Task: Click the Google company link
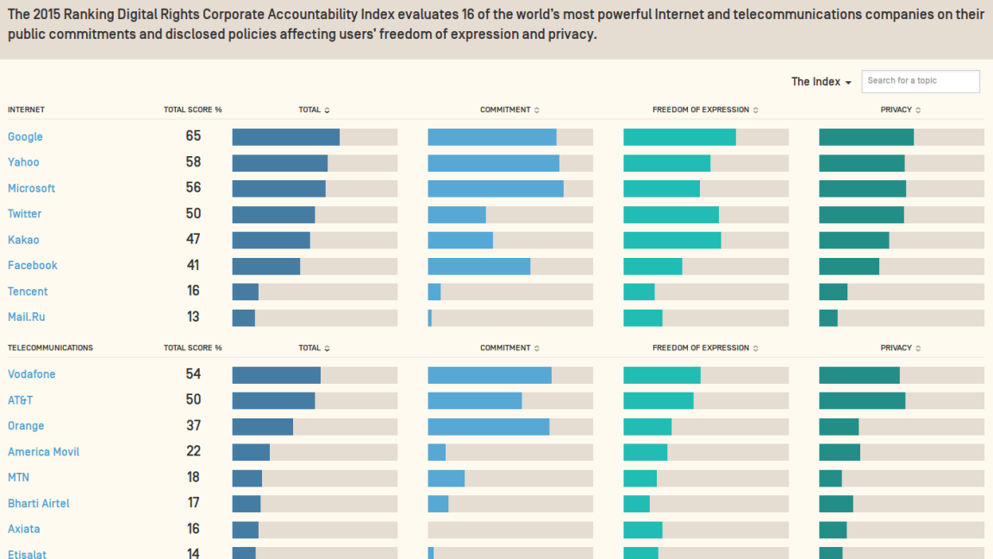click(x=25, y=136)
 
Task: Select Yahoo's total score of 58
click(x=193, y=162)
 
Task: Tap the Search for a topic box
click(x=920, y=81)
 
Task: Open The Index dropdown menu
click(x=821, y=81)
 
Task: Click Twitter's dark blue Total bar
click(x=273, y=214)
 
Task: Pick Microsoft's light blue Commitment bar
click(x=495, y=188)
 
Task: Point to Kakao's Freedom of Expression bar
click(x=671, y=240)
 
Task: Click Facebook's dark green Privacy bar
click(x=848, y=266)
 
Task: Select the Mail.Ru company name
click(x=26, y=317)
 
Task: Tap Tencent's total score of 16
click(x=193, y=292)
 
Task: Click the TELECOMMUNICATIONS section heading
click(x=50, y=348)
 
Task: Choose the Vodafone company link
click(x=31, y=374)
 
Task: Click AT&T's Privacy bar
click(x=861, y=400)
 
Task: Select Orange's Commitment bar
click(x=488, y=426)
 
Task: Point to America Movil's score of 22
click(x=193, y=452)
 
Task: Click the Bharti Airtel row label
click(x=39, y=503)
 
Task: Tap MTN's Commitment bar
click(x=446, y=478)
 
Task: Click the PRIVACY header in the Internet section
click(x=896, y=110)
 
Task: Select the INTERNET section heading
click(x=26, y=110)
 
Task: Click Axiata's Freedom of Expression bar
click(x=642, y=530)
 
